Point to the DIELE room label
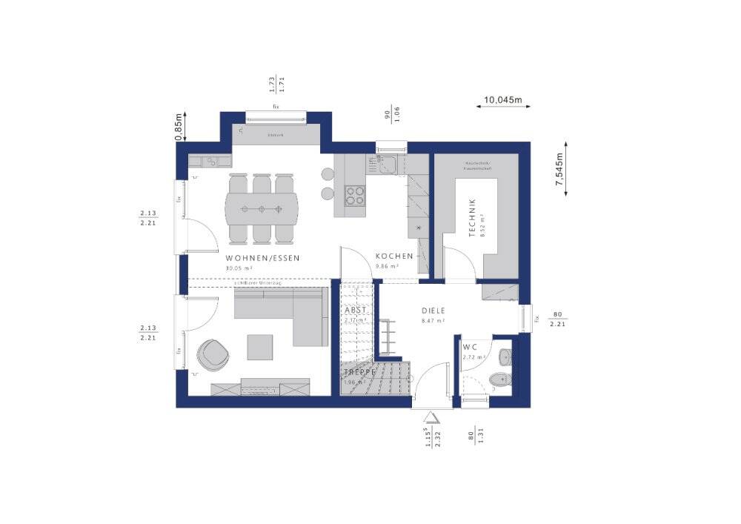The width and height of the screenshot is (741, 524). pyautogui.click(x=435, y=311)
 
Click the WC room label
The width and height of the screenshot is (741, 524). pyautogui.click(x=469, y=347)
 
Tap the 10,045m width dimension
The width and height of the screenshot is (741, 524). pyautogui.click(x=503, y=99)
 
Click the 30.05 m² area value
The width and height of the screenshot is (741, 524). pyautogui.click(x=239, y=268)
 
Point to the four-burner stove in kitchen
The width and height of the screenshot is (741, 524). pyautogui.click(x=356, y=195)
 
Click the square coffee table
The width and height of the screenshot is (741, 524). pyautogui.click(x=260, y=346)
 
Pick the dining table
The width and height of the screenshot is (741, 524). pyautogui.click(x=263, y=208)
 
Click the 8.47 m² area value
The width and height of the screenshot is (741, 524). pyautogui.click(x=431, y=322)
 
